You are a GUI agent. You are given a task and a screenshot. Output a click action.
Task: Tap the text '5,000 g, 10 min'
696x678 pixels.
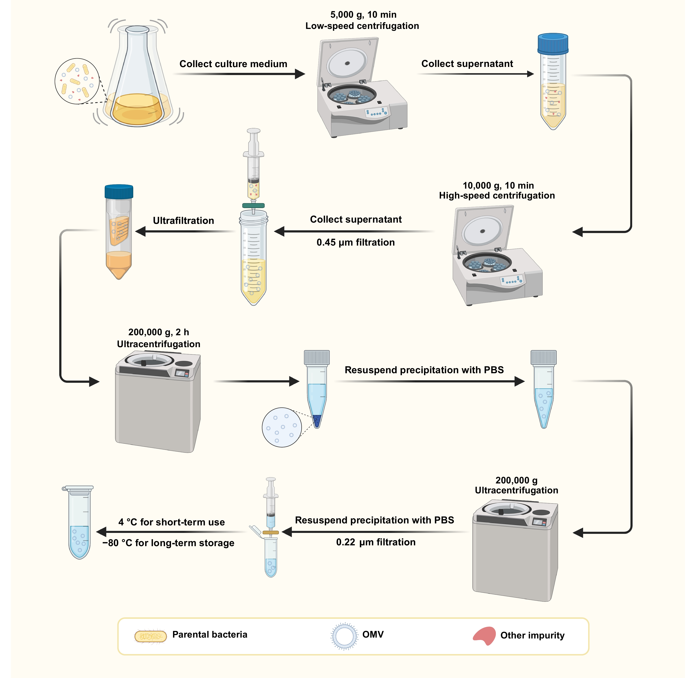[363, 15]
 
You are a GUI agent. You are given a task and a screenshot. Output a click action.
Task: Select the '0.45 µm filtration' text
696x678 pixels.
[356, 242]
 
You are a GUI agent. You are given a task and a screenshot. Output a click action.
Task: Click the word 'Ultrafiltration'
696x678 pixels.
[183, 221]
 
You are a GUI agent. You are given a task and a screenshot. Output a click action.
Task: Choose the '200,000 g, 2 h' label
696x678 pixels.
[158, 332]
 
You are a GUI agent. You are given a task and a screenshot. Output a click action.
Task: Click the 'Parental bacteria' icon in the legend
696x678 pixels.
[150, 636]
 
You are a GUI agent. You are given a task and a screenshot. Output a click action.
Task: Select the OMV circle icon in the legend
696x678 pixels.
[344, 636]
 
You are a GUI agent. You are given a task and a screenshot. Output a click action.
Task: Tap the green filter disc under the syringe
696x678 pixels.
[253, 205]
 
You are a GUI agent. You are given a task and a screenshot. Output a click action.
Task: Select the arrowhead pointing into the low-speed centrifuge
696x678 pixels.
[300, 74]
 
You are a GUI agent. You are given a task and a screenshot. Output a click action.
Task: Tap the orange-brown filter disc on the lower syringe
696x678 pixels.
[271, 533]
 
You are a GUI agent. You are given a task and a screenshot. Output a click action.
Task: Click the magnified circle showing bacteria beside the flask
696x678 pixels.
[77, 81]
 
